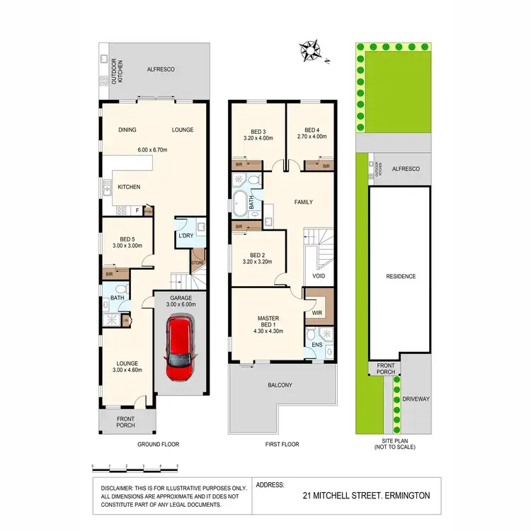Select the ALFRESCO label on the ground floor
(x=160, y=69)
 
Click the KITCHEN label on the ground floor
(x=129, y=187)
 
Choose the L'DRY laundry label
(x=186, y=235)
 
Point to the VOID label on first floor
(x=319, y=276)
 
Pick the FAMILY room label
(x=304, y=202)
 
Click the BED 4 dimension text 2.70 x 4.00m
(x=312, y=137)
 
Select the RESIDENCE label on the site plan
(x=401, y=276)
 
